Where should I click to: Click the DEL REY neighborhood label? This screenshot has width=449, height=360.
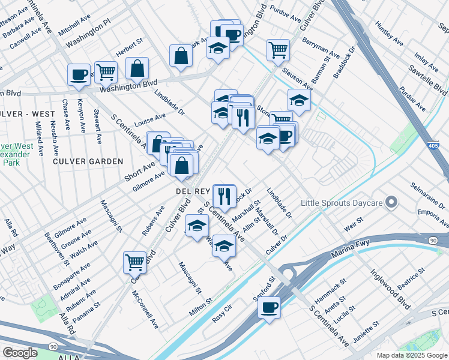tap(191, 191)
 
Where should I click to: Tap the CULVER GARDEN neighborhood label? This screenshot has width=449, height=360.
tap(88, 161)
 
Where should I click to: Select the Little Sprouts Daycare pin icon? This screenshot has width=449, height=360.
tap(392, 203)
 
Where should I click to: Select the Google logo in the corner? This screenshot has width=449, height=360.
tap(20, 353)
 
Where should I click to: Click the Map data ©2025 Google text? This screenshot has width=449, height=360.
tap(403, 355)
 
